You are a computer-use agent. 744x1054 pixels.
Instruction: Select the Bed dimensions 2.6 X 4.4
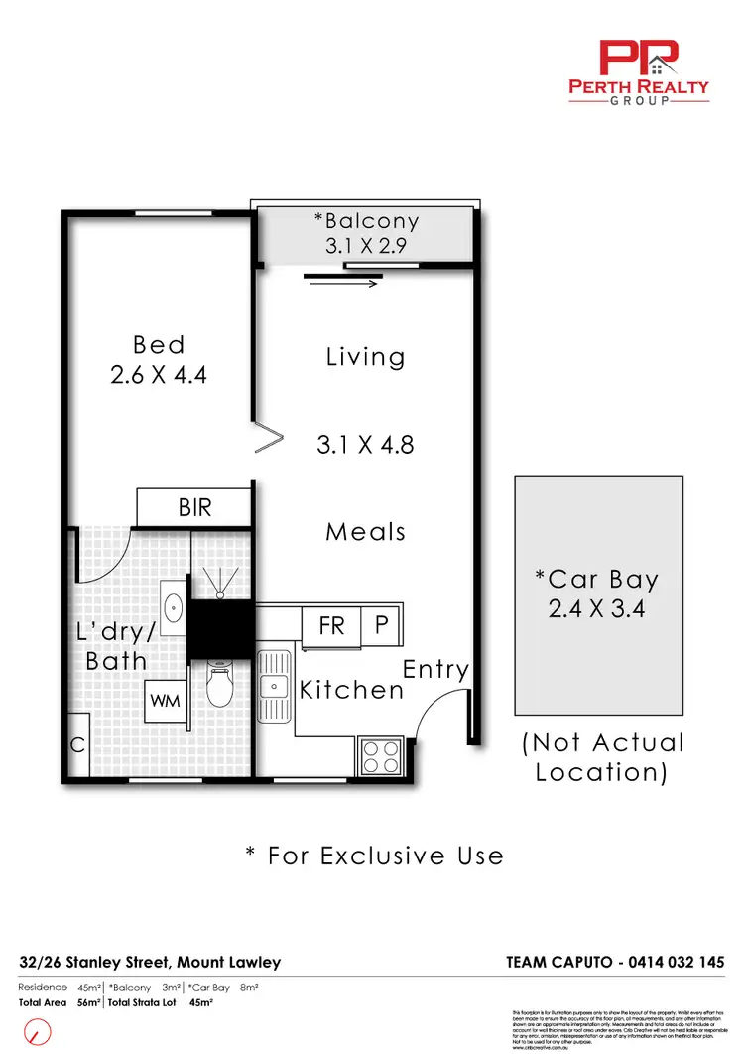click(x=160, y=375)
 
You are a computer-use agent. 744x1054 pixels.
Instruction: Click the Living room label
click(x=366, y=357)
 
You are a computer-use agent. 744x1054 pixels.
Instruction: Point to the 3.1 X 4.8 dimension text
click(x=365, y=445)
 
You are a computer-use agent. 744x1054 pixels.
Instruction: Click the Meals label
click(x=366, y=532)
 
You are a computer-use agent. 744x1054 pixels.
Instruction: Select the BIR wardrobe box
click(x=194, y=507)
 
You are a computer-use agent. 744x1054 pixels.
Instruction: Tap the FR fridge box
click(x=331, y=626)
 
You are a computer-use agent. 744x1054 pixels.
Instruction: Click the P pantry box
click(x=381, y=626)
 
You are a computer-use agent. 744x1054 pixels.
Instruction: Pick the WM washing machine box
click(x=165, y=701)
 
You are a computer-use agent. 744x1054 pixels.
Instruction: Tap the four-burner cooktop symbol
click(x=381, y=756)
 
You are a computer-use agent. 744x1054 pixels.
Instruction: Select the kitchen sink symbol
click(x=272, y=686)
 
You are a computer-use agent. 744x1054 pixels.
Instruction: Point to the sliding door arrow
click(x=343, y=284)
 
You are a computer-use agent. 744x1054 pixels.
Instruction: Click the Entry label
click(x=435, y=670)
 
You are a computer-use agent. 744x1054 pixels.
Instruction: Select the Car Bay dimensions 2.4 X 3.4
click(x=597, y=608)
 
